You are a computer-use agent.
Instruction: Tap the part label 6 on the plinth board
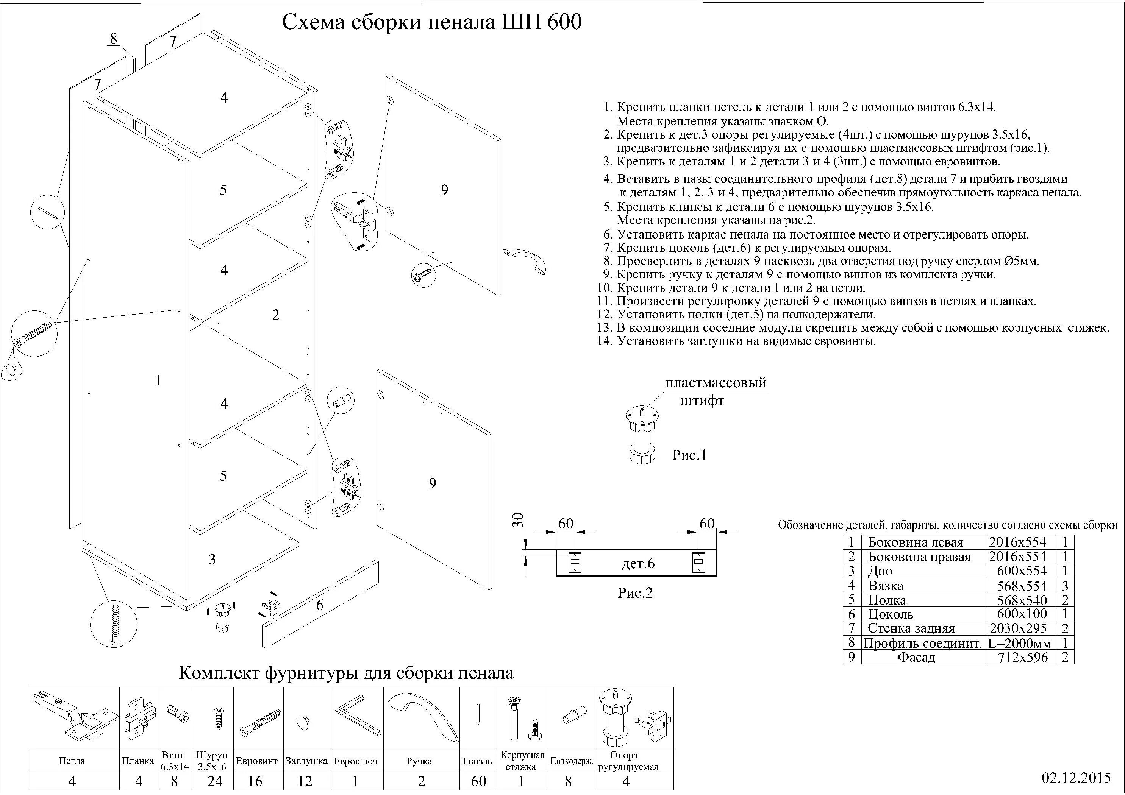[319, 605]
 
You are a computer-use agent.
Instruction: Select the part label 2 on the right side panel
[275, 315]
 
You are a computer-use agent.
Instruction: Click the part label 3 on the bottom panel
[212, 560]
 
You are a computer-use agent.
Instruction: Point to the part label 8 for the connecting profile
[114, 38]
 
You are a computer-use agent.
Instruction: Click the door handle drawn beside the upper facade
[524, 260]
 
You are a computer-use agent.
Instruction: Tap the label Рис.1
[689, 455]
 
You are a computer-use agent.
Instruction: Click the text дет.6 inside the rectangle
[638, 564]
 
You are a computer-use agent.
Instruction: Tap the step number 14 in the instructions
[605, 341]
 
